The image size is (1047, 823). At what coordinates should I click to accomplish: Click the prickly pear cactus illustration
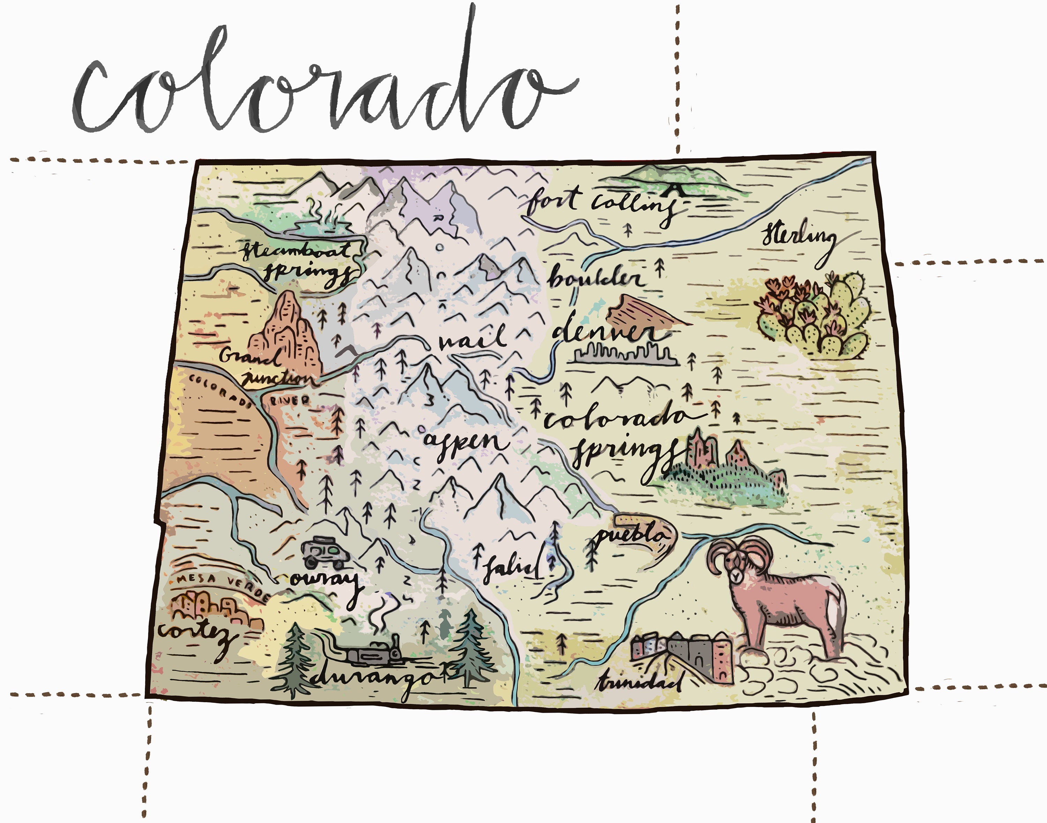[814, 316]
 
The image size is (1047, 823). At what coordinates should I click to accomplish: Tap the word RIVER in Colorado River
[289, 400]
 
